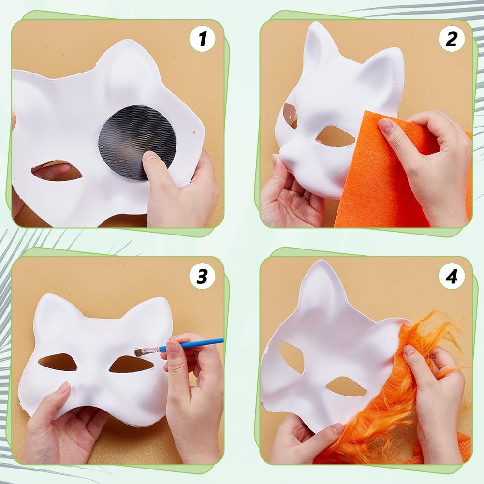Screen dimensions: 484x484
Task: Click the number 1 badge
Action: pyautogui.click(x=203, y=39)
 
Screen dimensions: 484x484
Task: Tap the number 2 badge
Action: pyautogui.click(x=452, y=39)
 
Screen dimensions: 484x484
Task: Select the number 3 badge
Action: pyautogui.click(x=203, y=276)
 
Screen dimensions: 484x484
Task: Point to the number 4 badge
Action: pyautogui.click(x=452, y=276)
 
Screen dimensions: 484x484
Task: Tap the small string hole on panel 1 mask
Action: pyautogui.click(x=194, y=132)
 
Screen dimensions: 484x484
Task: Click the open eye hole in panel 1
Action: pyautogui.click(x=57, y=171)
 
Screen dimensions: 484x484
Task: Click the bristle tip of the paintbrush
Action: pyautogui.click(x=137, y=352)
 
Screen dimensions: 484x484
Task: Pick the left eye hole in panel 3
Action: pyautogui.click(x=58, y=362)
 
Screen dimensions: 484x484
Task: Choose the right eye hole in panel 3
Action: pyautogui.click(x=131, y=364)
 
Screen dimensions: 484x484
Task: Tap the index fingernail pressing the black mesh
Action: pyautogui.click(x=151, y=155)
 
